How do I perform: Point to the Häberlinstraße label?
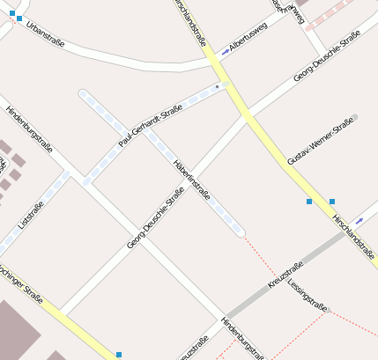[x=192, y=179]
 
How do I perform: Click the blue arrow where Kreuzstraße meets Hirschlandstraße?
[x=359, y=221]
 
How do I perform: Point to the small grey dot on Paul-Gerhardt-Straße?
[x=217, y=87]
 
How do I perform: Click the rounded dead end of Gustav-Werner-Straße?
[x=354, y=116]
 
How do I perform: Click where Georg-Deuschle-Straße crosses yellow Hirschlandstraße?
[x=248, y=116]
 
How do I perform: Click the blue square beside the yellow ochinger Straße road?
[x=119, y=354]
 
